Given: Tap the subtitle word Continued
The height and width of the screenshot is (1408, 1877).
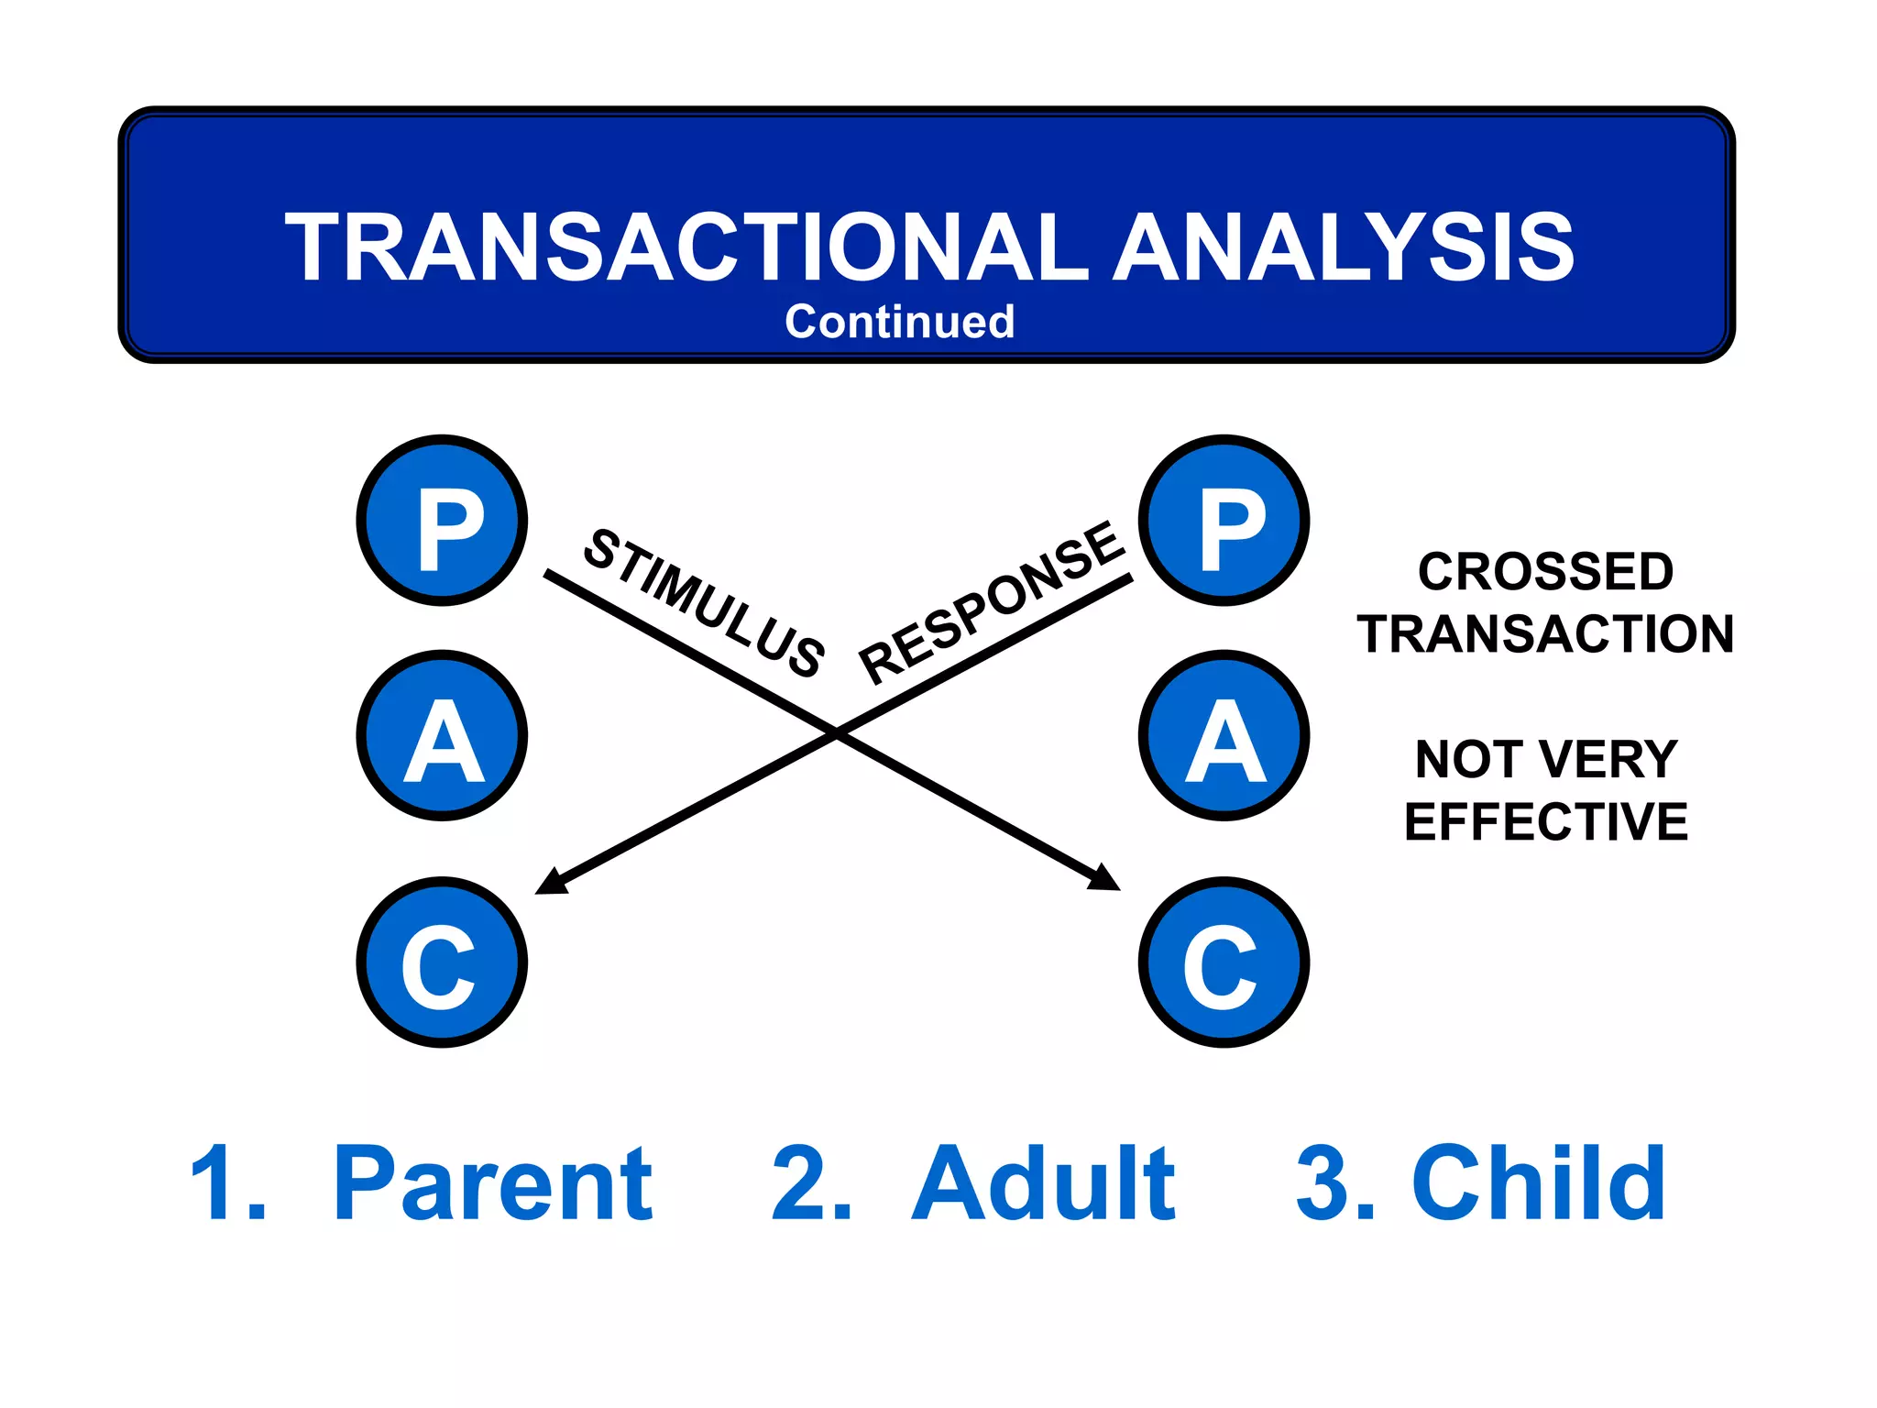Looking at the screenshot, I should coord(899,322).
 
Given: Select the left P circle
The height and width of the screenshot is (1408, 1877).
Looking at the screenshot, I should coord(442,521).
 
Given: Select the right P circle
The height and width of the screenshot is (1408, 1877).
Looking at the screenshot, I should coord(1224,521).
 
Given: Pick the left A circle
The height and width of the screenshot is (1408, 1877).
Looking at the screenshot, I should coord(442,736).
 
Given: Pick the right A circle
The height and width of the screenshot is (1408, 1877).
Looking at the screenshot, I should coord(1224,736).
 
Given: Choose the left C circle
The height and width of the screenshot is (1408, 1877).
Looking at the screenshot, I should coord(442,962).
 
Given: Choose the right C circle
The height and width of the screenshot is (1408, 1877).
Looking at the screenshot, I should coord(1224,962).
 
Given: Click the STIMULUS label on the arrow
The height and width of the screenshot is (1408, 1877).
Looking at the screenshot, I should coord(704,602).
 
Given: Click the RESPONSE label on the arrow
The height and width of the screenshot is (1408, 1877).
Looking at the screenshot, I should coord(992,602).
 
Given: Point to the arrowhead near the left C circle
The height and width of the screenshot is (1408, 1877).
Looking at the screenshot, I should coord(550,883).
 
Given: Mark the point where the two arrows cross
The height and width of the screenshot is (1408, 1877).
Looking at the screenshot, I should coord(837,731).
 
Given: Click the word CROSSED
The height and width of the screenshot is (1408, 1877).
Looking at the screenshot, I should coord(1545,572).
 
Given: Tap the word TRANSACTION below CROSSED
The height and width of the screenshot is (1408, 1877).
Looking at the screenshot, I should coord(1545,634).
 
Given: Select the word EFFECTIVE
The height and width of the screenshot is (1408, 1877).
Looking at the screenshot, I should coord(1545,821).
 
